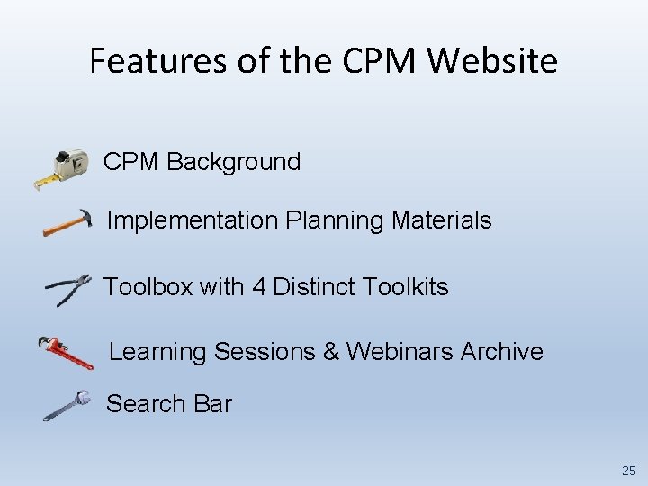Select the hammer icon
67,222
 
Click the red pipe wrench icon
66,351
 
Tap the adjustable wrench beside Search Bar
67,405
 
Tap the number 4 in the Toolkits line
259,287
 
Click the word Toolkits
405,287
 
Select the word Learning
158,352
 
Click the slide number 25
627,471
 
